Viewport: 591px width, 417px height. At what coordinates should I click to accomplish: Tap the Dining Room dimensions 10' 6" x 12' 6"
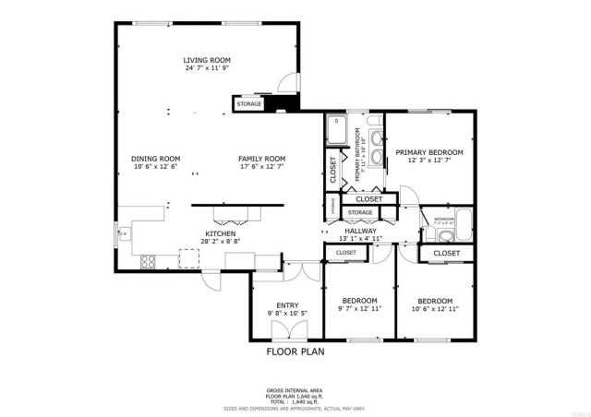(x=156, y=167)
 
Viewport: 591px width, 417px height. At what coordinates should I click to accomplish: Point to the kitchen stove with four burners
(x=147, y=263)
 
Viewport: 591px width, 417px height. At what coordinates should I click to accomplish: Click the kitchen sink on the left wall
(x=120, y=235)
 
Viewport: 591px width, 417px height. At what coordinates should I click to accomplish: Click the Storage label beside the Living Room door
(x=249, y=104)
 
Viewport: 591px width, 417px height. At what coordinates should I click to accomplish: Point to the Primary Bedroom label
(x=429, y=151)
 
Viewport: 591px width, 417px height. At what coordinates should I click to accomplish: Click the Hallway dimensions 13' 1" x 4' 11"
(x=361, y=239)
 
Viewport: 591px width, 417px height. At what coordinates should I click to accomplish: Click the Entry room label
(x=287, y=305)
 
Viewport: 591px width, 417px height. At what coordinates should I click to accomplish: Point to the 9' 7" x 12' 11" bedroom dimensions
(x=359, y=309)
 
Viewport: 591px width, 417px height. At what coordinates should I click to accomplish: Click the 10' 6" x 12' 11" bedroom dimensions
(x=434, y=309)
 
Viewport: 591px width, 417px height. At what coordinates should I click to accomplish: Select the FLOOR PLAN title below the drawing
(x=295, y=351)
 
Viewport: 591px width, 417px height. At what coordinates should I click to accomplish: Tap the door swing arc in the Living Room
(x=290, y=81)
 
